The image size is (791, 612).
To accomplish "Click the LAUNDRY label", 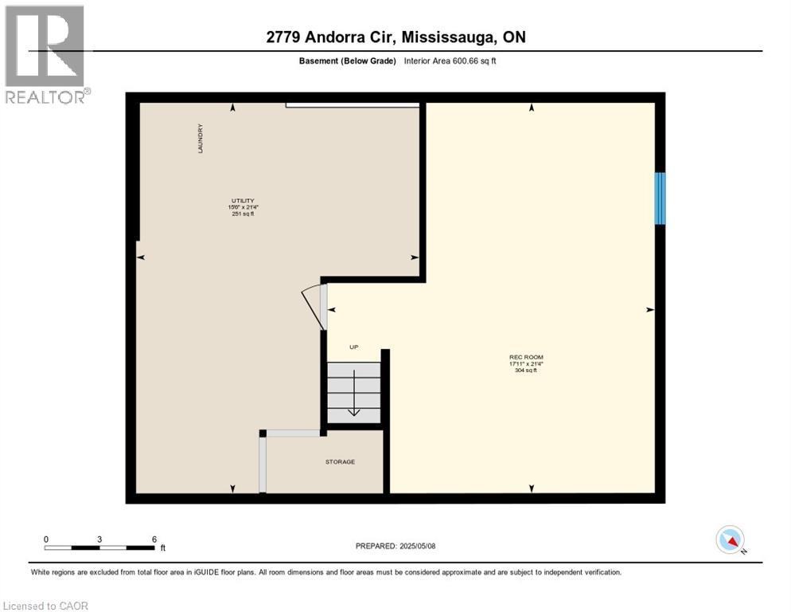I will (201, 138).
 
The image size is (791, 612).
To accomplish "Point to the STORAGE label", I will (340, 462).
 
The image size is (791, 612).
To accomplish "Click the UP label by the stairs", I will (355, 347).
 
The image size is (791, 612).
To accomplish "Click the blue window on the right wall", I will (660, 198).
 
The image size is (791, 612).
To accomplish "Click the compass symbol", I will (730, 540).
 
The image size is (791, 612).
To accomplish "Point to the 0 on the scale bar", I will (46, 539).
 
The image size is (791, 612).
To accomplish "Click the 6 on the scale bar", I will (154, 539).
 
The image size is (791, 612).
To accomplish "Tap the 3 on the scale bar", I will (99, 539).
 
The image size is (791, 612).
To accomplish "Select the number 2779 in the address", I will (285, 37).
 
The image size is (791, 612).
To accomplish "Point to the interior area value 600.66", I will (470, 61).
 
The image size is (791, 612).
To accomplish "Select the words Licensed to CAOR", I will (45, 606).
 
